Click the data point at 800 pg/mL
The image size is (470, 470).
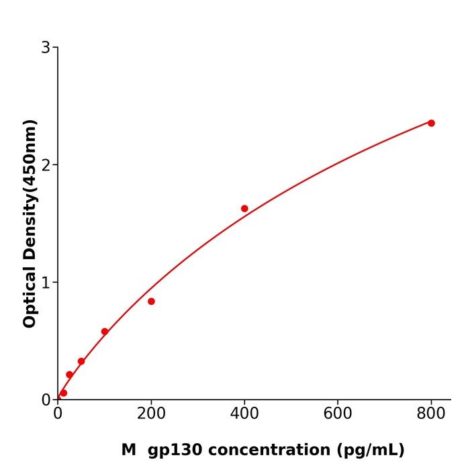(x=431, y=123)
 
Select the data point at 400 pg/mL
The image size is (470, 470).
(x=244, y=209)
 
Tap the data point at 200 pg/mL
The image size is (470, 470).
(x=151, y=301)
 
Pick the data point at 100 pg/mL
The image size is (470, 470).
(x=105, y=332)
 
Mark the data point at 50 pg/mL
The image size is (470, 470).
(x=81, y=361)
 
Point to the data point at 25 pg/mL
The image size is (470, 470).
(x=69, y=375)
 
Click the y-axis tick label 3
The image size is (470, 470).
(x=46, y=48)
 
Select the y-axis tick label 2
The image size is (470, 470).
(x=46, y=165)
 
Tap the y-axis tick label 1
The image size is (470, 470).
(x=46, y=283)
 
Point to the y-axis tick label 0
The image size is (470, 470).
(x=46, y=400)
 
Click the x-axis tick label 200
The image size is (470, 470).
(x=151, y=414)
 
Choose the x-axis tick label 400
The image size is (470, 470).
(x=244, y=414)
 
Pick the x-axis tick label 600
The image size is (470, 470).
(x=338, y=414)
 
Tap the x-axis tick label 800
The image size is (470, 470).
(x=431, y=414)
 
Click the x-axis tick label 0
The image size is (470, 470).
(x=58, y=414)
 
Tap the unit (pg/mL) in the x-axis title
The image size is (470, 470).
(x=371, y=451)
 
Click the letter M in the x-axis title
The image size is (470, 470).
(x=128, y=451)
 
